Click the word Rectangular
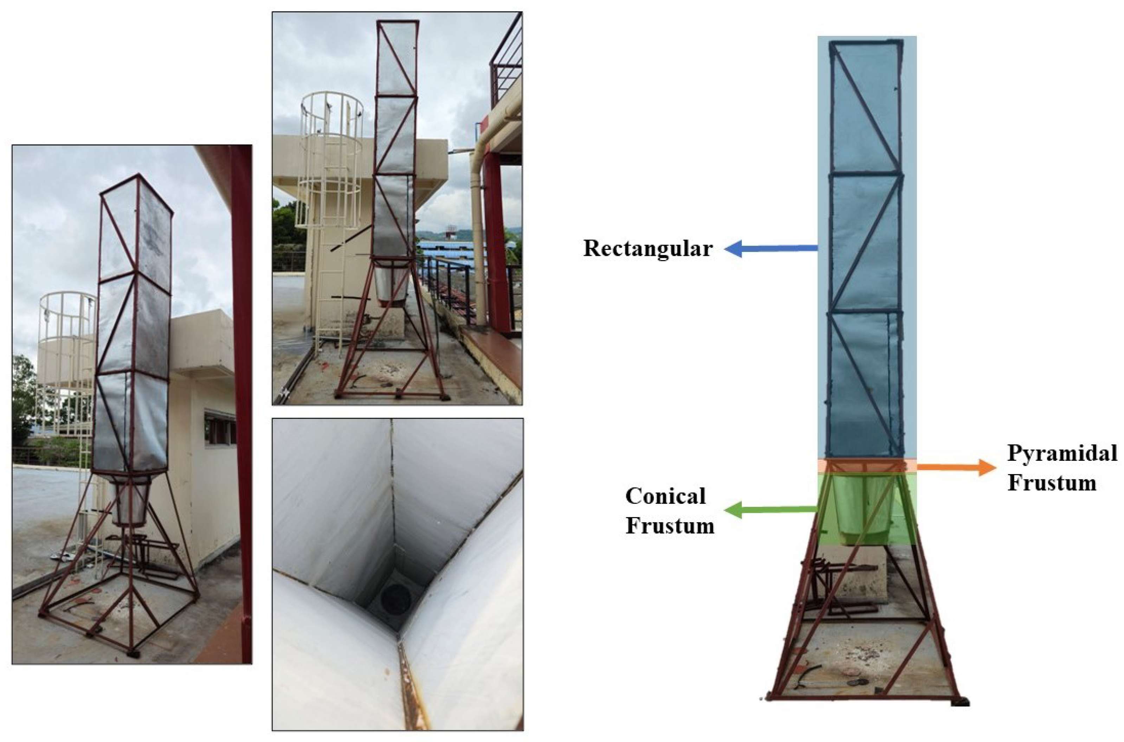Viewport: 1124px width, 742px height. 648,249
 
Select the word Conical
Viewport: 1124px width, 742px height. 665,496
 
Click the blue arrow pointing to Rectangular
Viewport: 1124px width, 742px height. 771,248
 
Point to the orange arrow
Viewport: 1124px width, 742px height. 957,467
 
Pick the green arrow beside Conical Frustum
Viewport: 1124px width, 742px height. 771,510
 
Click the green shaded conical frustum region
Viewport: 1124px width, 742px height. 867,508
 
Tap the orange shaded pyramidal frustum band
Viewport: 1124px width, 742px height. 867,465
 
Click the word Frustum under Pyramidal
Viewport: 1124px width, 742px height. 1051,483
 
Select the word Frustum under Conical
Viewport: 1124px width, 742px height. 670,526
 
